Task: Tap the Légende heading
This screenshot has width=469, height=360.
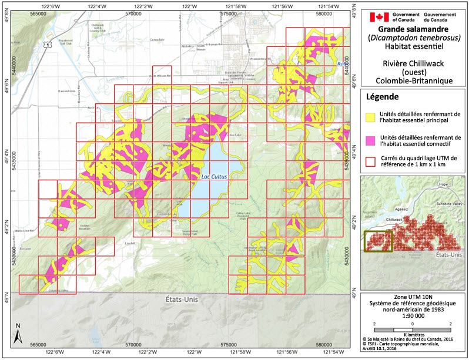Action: pyautogui.click(x=383, y=96)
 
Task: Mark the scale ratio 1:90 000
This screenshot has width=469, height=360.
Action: pyautogui.click(x=413, y=314)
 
